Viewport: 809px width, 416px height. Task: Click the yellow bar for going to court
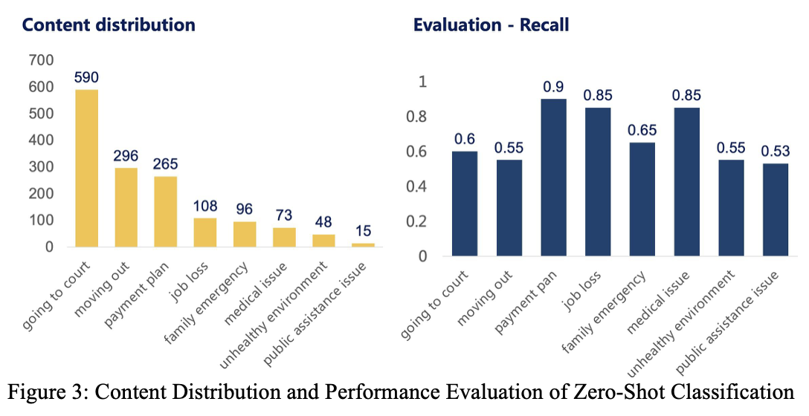click(86, 169)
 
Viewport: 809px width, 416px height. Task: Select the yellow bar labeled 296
click(126, 207)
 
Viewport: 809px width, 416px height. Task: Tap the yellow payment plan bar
click(165, 212)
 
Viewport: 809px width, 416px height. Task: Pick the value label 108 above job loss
click(205, 206)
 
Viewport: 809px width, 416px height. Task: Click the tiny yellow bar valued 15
click(363, 244)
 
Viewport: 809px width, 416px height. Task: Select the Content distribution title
click(109, 25)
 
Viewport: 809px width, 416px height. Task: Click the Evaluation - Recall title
click(491, 25)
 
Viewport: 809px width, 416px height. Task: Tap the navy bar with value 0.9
click(552, 178)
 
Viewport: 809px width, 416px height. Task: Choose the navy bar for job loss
click(597, 182)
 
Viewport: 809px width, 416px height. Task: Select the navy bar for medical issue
click(686, 182)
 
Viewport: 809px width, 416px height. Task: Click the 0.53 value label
click(774, 152)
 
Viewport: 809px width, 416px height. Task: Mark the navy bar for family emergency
click(641, 199)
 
